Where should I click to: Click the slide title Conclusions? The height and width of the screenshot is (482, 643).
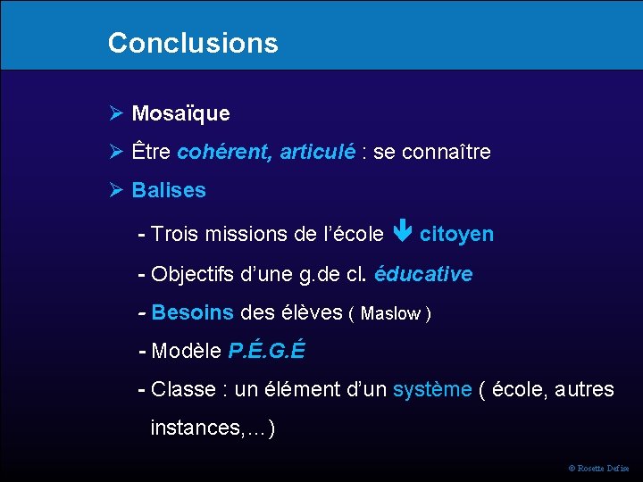pos(192,43)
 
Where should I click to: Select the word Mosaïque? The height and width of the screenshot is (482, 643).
pos(180,113)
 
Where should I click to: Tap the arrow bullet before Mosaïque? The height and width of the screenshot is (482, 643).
pos(115,113)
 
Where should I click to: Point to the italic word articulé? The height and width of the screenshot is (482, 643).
pos(317,152)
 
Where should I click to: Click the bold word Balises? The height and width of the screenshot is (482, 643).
pos(169,190)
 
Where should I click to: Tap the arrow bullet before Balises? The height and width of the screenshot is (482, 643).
pos(115,190)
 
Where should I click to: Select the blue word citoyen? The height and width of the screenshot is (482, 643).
pos(456,234)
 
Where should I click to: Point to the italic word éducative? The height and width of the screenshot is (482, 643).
pos(423,274)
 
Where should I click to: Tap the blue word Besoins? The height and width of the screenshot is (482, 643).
pos(193,312)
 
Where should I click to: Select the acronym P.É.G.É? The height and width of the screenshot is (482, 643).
pos(266,351)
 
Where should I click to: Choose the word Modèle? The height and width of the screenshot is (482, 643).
pos(187,351)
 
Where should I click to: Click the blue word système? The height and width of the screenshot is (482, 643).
pos(431,389)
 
